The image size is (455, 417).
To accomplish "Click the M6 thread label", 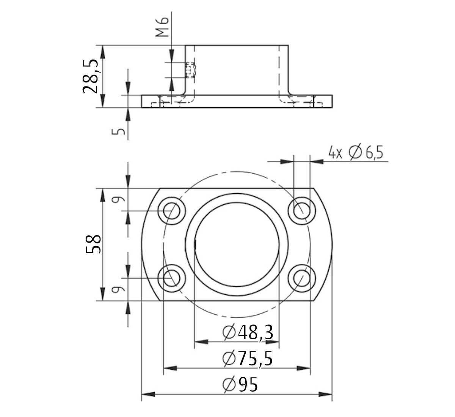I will (163, 29).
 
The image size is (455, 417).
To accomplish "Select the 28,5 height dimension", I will (91, 76).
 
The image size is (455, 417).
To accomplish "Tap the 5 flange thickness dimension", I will (119, 131).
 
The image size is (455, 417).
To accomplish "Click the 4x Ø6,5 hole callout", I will (356, 153).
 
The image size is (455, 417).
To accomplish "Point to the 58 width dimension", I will (93, 244).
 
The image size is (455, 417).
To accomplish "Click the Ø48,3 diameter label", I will (248, 332).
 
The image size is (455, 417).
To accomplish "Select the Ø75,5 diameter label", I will (248, 358).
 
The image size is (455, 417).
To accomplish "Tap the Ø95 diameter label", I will (240, 385).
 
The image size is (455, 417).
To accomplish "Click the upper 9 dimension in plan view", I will (119, 200).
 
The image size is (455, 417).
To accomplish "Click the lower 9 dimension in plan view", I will (119, 290).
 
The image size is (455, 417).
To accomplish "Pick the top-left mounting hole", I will (172, 211).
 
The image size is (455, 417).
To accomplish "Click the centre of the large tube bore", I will (237, 244).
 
